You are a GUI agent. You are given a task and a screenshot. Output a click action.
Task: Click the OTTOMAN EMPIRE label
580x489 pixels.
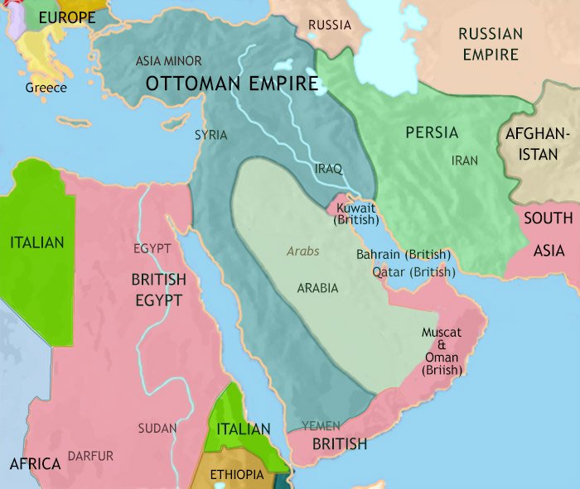(232, 84)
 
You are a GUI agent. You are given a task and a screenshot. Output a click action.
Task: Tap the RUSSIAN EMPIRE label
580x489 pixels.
(490, 45)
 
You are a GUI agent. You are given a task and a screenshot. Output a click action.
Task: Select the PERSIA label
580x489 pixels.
(431, 132)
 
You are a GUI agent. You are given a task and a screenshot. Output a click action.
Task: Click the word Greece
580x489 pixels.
(46, 87)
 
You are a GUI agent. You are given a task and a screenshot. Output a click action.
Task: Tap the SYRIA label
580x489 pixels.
(210, 135)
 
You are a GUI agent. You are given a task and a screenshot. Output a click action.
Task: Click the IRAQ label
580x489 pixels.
(329, 168)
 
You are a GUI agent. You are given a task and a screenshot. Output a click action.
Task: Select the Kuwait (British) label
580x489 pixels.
(355, 213)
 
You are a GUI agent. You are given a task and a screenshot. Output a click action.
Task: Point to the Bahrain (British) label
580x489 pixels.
(403, 255)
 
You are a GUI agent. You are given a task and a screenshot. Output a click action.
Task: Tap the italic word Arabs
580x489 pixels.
(302, 252)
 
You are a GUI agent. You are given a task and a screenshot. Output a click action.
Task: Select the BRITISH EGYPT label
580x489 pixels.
(158, 290)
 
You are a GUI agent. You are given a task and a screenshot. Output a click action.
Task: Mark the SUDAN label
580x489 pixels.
(157, 428)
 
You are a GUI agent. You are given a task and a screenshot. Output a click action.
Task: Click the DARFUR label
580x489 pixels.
(91, 456)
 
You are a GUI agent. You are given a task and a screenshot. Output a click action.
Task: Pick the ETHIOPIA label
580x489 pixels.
(237, 474)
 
